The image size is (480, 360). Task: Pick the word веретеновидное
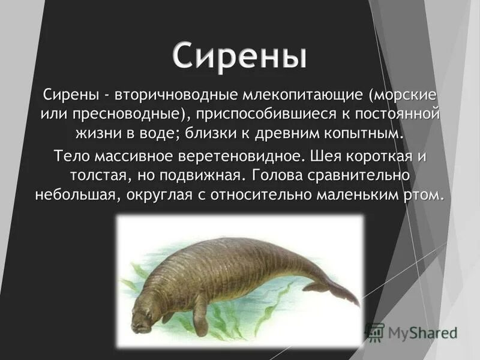coord(242,157)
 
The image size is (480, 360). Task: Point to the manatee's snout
coord(139,325)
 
